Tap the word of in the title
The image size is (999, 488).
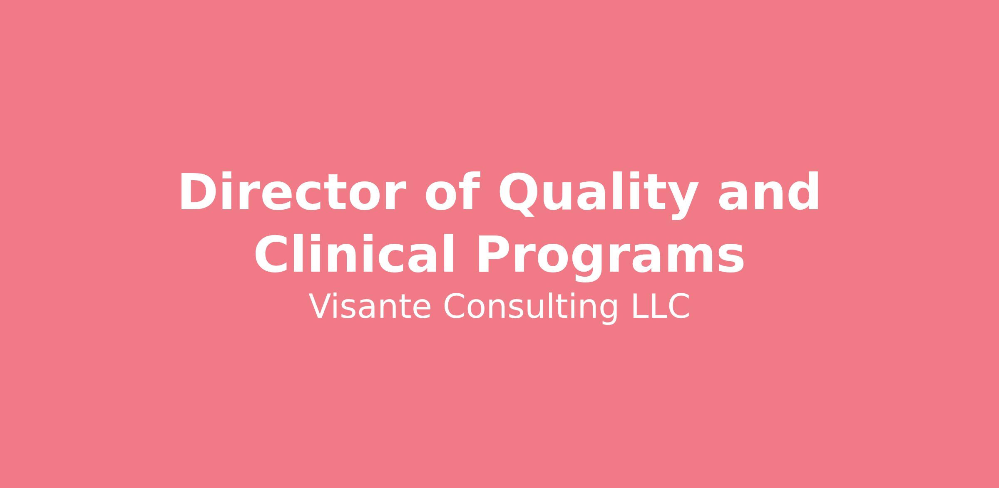point(453,191)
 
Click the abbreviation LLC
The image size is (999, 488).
point(661,307)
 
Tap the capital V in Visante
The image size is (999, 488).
point(321,307)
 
